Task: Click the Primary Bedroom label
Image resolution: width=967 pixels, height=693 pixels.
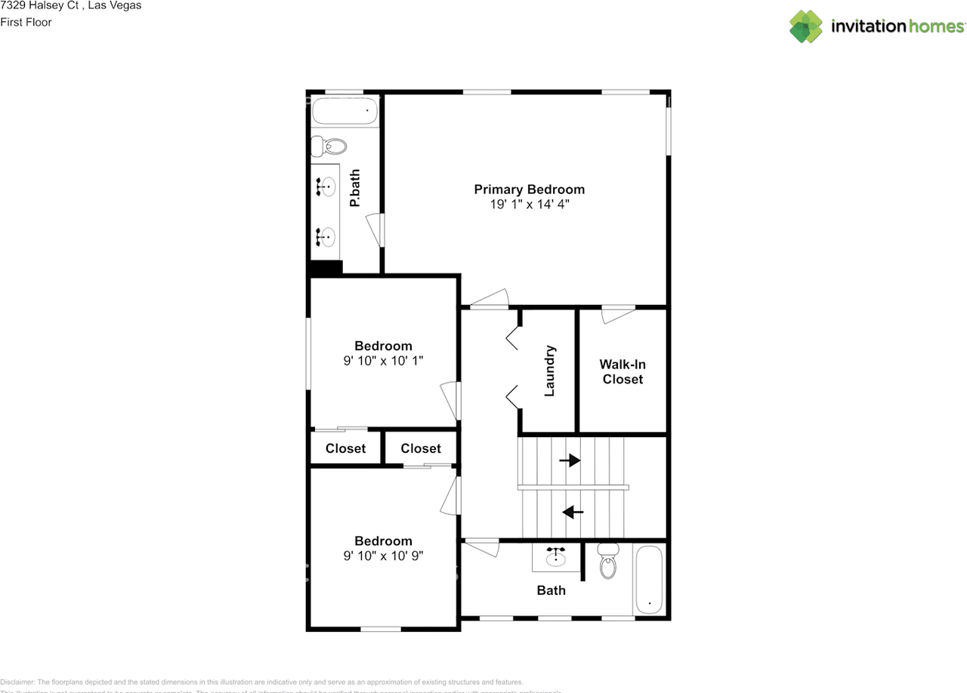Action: (x=529, y=189)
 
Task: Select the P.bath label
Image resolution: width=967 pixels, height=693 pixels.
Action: (x=354, y=188)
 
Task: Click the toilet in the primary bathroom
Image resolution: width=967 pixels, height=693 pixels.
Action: (x=330, y=145)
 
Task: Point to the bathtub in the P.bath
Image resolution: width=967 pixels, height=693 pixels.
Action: (x=344, y=111)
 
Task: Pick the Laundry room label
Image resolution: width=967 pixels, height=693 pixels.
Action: (x=549, y=371)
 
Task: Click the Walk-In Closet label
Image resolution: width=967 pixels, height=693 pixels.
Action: (x=623, y=371)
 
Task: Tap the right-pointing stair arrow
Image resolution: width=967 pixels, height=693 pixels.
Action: (x=570, y=460)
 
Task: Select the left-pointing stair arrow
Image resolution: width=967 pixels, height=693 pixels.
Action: (x=573, y=512)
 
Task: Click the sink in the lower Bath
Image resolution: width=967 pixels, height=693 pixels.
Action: (x=558, y=557)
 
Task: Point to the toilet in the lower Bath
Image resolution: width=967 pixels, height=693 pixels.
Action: (x=608, y=562)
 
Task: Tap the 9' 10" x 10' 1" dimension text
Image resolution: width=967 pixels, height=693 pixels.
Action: (x=383, y=361)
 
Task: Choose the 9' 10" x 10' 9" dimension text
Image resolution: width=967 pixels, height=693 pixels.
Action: (x=383, y=556)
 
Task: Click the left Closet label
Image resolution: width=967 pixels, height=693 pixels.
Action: (x=345, y=448)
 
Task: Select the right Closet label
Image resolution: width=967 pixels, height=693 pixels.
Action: (x=421, y=448)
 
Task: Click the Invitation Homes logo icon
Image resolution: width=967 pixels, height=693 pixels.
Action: (x=805, y=26)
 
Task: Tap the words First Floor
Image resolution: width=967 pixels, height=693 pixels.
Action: (x=26, y=22)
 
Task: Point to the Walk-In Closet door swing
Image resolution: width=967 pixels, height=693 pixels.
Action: (x=616, y=314)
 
